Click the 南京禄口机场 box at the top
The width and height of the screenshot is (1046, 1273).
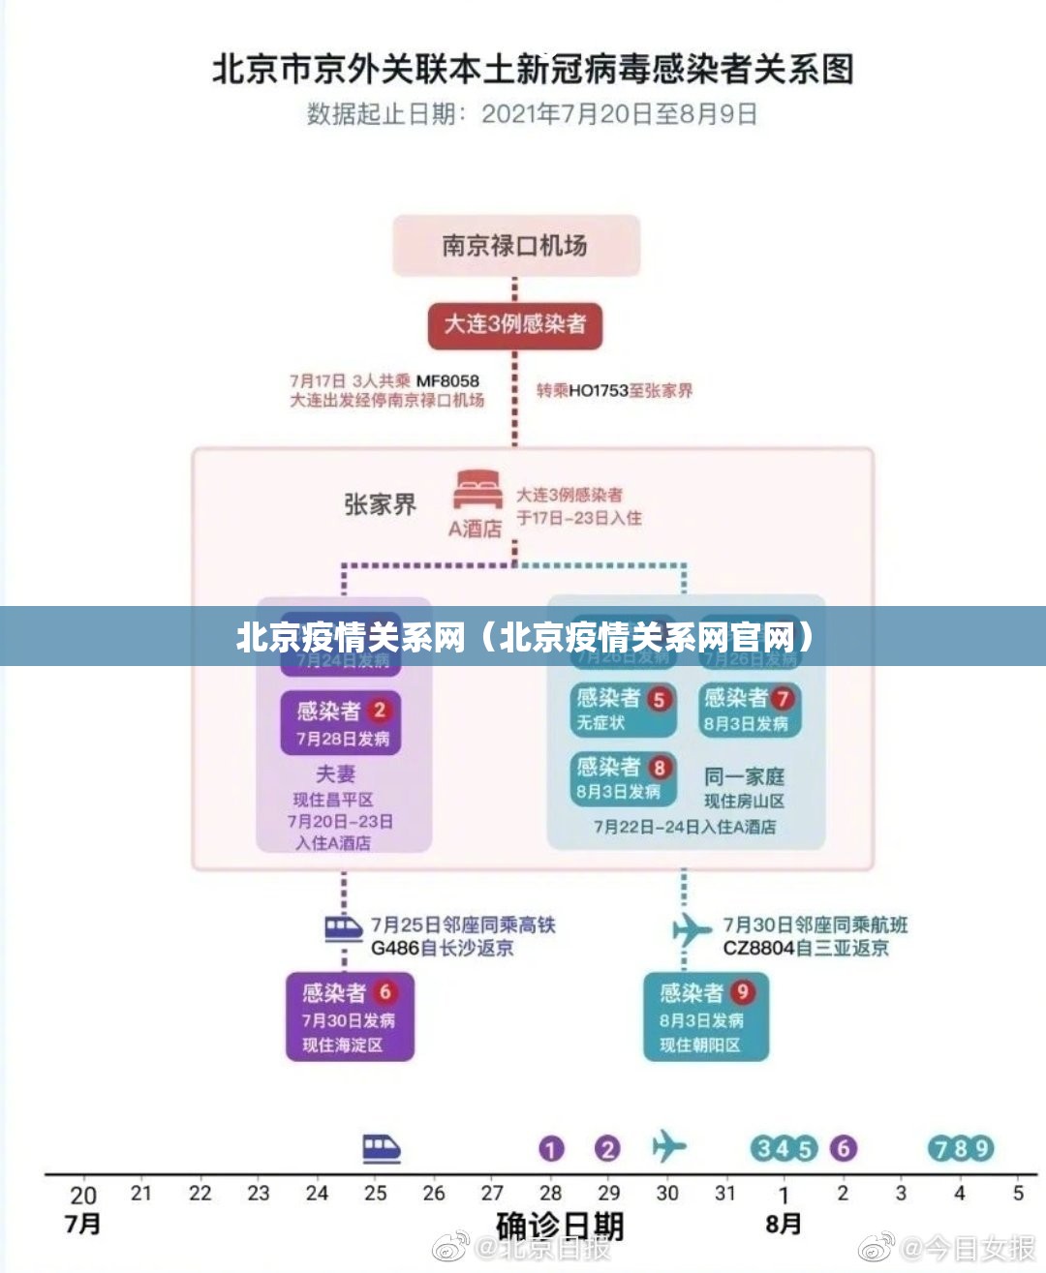(x=515, y=246)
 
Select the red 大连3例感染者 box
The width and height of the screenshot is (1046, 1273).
(x=515, y=324)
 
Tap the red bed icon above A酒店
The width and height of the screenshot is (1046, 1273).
(x=477, y=490)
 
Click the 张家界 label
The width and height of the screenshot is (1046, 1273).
(x=380, y=504)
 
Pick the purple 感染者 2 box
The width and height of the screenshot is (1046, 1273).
(x=341, y=723)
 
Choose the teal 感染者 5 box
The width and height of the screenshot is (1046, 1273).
(x=622, y=710)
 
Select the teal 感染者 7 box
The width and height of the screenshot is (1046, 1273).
(x=749, y=710)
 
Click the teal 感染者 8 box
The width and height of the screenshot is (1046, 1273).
(x=622, y=778)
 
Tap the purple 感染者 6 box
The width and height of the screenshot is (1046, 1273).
(x=350, y=1016)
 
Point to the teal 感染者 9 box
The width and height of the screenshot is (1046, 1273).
(x=706, y=1016)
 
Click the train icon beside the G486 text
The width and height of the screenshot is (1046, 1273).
(x=343, y=929)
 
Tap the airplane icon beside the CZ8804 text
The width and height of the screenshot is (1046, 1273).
(x=692, y=930)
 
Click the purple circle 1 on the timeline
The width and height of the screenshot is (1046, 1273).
(x=551, y=1149)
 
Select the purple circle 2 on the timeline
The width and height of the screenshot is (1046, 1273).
(x=607, y=1149)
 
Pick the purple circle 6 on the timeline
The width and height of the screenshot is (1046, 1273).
(x=844, y=1148)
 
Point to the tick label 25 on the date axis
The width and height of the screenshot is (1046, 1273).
(x=375, y=1194)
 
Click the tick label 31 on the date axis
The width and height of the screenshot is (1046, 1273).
(x=725, y=1194)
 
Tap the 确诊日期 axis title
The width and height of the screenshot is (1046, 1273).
(x=559, y=1226)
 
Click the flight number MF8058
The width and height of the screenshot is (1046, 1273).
(x=447, y=381)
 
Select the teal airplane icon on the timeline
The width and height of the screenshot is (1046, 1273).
(x=667, y=1146)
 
